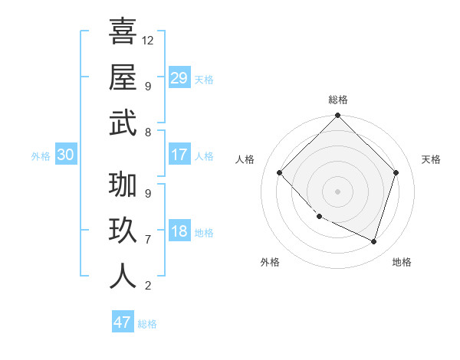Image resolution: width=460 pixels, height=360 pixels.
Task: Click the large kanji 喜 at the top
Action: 123,31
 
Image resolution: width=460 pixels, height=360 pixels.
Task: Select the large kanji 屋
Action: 123,77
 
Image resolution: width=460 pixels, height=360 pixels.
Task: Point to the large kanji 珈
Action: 123,185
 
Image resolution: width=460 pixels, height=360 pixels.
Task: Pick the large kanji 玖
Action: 123,231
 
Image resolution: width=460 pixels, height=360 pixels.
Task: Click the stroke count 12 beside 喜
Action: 148,40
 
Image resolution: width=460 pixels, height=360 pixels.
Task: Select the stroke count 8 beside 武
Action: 148,132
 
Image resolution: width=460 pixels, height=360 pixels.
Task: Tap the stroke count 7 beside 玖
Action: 148,239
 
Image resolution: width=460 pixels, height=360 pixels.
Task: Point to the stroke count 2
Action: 148,286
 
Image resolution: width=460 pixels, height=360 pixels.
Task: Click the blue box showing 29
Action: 179,78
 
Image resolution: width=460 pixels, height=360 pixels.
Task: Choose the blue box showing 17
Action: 179,155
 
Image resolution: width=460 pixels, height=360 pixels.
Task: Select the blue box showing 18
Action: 179,231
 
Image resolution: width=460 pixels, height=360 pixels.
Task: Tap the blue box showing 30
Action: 65,155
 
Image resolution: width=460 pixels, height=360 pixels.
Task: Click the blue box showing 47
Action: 123,322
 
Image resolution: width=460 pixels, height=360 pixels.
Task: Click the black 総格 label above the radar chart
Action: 338,100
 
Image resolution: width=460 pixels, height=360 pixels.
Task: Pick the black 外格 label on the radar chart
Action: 270,262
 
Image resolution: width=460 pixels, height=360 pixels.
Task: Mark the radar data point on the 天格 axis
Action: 396,172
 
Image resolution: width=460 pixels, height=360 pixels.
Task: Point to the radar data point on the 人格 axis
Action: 280,172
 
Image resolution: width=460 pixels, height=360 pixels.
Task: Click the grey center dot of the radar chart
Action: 338,191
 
